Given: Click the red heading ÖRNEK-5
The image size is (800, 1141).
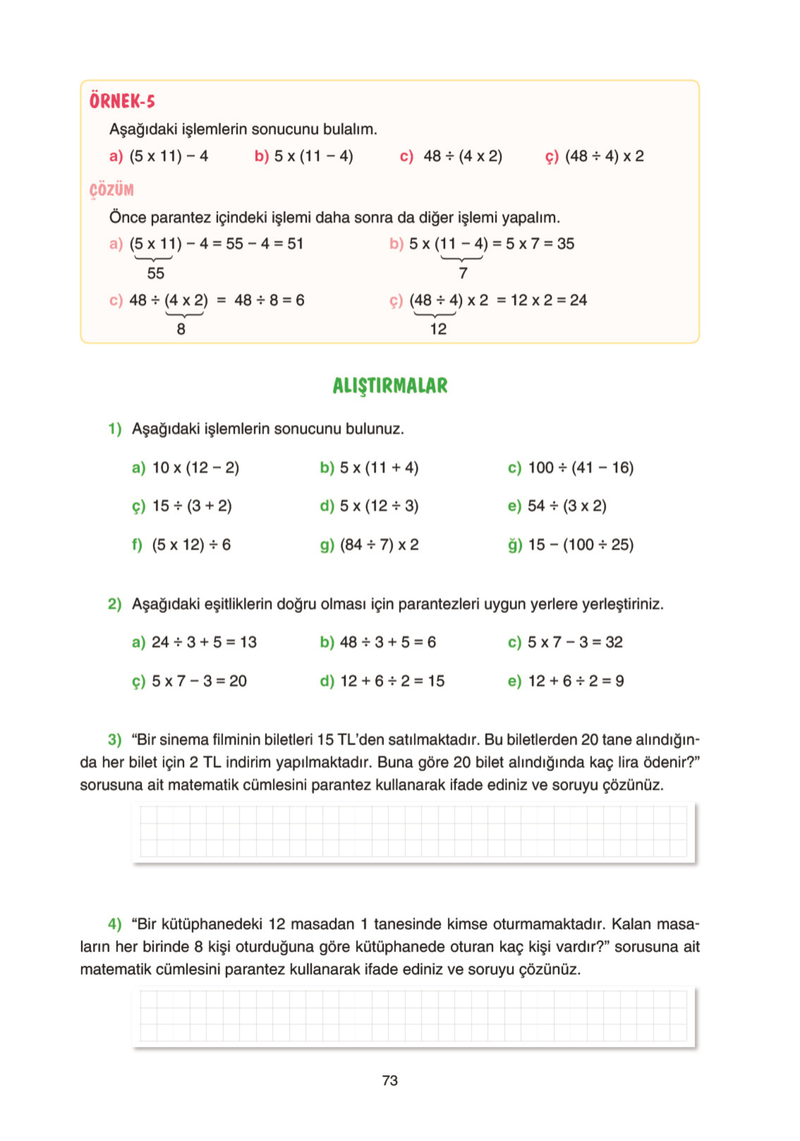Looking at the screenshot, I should [x=122, y=101].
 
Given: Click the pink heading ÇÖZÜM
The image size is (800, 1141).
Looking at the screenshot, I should [x=112, y=190].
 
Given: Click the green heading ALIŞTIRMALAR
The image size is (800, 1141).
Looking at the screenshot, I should [x=390, y=386].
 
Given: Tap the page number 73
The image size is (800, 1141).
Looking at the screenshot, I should [x=390, y=1080].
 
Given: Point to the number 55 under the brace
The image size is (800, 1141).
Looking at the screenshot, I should [x=155, y=273].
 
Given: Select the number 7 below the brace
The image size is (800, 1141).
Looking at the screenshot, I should [x=463, y=273].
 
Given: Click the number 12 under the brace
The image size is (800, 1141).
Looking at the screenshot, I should [x=438, y=329].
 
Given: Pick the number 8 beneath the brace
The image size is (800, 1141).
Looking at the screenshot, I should [x=181, y=329].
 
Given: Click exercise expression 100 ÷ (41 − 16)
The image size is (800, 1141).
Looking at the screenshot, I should [x=580, y=467].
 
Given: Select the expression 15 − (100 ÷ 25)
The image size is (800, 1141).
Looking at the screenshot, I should [x=580, y=545].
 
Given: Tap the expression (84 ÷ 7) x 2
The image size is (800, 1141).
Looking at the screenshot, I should [x=379, y=545].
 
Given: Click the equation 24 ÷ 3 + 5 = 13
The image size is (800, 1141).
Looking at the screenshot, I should [x=204, y=642].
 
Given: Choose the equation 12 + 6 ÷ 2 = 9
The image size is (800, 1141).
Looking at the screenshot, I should [x=576, y=681].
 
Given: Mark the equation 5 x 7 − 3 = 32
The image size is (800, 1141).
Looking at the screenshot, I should [x=575, y=642].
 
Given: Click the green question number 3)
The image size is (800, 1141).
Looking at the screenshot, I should [x=115, y=739].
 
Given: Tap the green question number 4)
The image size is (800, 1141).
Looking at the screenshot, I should [x=115, y=924].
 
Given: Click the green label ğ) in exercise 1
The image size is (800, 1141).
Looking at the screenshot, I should [x=515, y=545].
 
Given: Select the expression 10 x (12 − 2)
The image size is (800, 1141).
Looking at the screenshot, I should [x=196, y=467].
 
